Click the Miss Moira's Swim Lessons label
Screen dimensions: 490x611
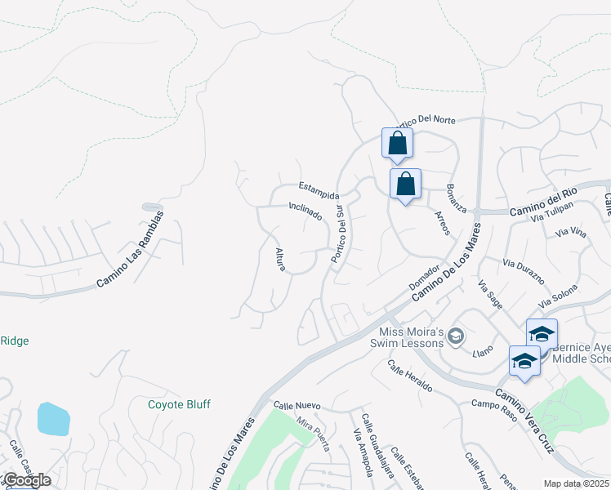(412, 336)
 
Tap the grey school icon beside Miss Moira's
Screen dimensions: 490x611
(457, 336)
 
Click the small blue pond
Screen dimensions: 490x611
(52, 418)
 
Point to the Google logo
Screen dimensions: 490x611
(26, 480)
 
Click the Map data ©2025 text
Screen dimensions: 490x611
(576, 483)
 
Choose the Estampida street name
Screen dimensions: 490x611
(318, 189)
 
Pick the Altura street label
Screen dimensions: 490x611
(282, 260)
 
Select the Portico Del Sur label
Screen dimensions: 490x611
(337, 234)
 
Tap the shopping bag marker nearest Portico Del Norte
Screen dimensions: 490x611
(397, 144)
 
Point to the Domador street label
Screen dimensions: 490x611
(425, 275)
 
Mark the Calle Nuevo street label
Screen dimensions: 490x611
(297, 405)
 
